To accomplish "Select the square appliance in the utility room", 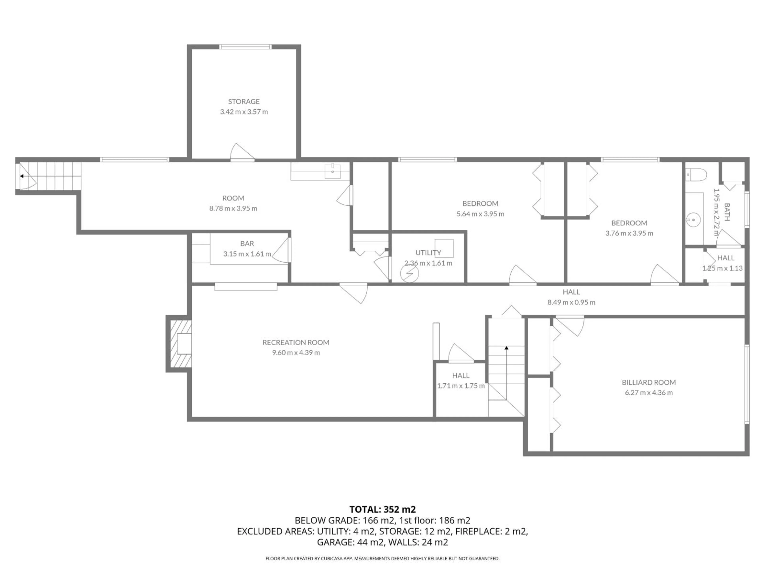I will pyautogui.click(x=444, y=248).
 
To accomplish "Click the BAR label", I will pyautogui.click(x=247, y=244).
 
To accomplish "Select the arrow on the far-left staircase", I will pyautogui.click(x=22, y=176).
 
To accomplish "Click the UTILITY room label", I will pyautogui.click(x=428, y=253).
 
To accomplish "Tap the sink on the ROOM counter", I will pyautogui.click(x=332, y=171).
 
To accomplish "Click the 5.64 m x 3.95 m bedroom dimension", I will pyautogui.click(x=480, y=214).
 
